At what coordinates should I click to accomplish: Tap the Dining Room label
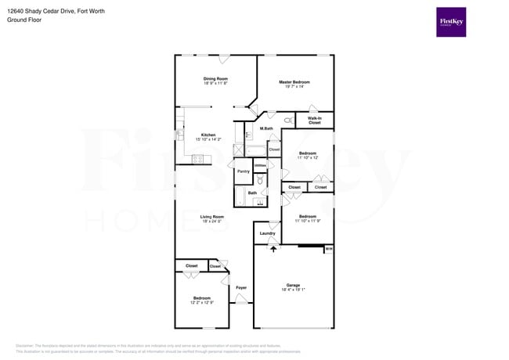(x=215, y=78)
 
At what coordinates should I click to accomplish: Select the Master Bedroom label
(x=294, y=82)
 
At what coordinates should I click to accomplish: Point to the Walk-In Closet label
(x=314, y=121)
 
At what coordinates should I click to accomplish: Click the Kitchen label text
(x=208, y=135)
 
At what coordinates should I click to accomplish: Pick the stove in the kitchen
(x=198, y=160)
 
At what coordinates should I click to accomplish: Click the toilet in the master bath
(x=288, y=121)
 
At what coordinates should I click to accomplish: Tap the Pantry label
(x=243, y=171)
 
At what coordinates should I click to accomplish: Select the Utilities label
(x=260, y=166)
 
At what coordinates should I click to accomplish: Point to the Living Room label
(x=211, y=217)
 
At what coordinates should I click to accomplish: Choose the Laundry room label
(x=267, y=233)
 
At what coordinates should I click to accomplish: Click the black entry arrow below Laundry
(x=273, y=248)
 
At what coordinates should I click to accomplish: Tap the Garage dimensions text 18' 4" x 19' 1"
(x=293, y=290)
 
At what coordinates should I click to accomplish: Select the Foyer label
(x=241, y=288)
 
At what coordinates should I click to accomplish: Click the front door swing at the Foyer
(x=227, y=279)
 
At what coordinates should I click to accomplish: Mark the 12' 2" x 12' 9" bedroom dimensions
(x=202, y=303)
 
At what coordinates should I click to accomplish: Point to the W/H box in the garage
(x=329, y=249)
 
